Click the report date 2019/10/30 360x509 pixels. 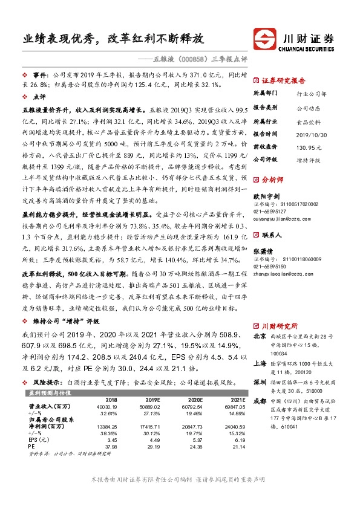click(x=310, y=134)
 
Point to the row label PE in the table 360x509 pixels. click(x=33, y=446)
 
